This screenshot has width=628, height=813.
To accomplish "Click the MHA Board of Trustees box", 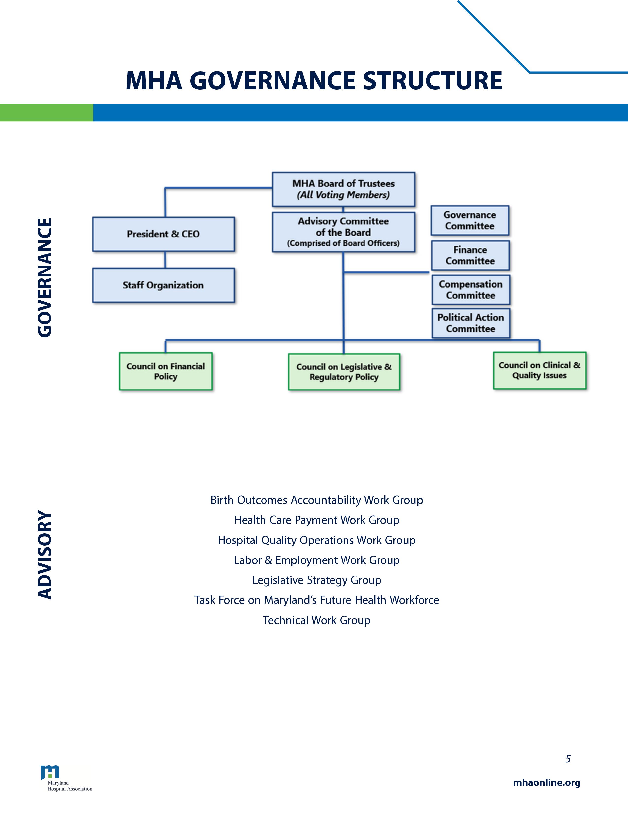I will (343, 189).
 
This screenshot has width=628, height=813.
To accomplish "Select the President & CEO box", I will (163, 234).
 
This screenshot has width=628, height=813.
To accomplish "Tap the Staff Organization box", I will (163, 285).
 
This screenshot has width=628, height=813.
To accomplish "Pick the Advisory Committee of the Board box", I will (343, 232).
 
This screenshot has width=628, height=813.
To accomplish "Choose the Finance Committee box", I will (470, 255).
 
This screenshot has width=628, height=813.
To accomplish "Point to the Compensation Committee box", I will (471, 290).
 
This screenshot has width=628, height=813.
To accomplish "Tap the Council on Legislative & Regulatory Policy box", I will (344, 372).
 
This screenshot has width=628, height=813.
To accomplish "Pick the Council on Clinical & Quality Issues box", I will (539, 370).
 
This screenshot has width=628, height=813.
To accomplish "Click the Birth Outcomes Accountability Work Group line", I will (317, 500).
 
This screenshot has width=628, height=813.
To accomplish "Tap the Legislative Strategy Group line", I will (317, 580).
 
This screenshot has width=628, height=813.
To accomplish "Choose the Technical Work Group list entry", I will (317, 620).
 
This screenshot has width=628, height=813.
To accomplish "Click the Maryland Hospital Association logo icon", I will (50, 772).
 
